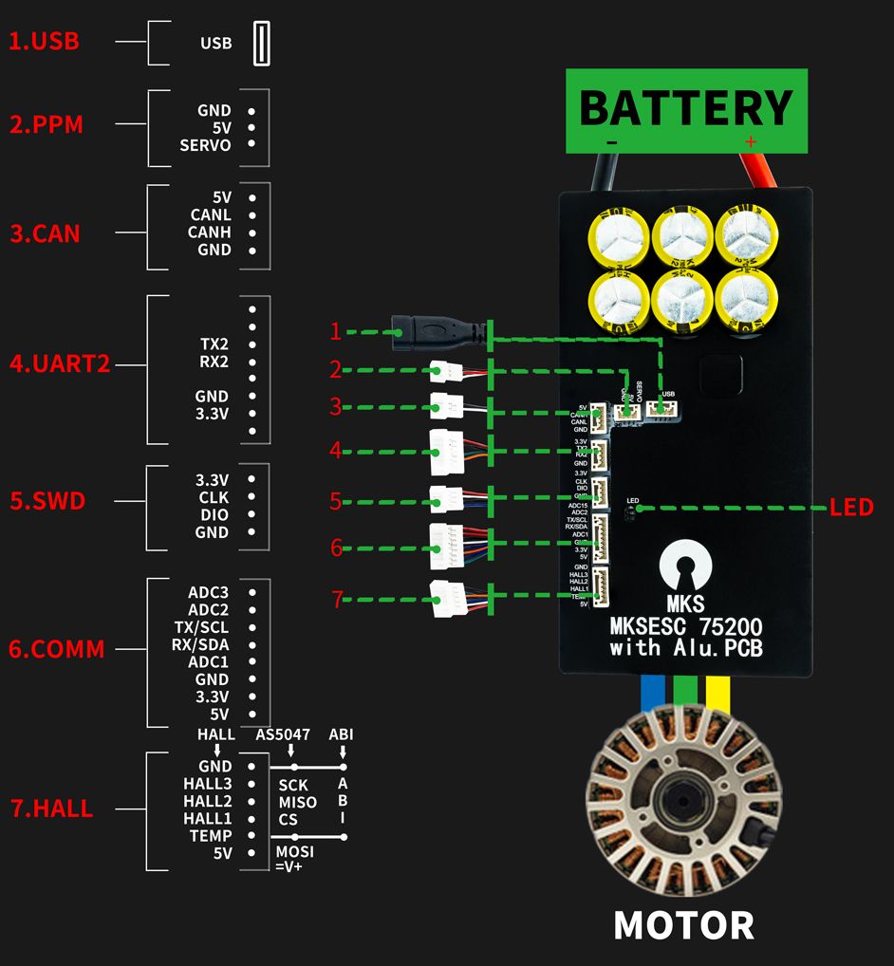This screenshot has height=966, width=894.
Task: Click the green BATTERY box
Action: pos(686,110)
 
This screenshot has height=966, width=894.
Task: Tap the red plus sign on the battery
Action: pos(751,142)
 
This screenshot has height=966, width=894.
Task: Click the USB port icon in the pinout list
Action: pos(262,44)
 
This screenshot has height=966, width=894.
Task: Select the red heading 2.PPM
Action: pos(47,124)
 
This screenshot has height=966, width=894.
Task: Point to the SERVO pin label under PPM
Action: pos(205,145)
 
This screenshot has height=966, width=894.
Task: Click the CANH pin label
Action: pos(210,232)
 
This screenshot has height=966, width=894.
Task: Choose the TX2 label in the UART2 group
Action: pos(214,344)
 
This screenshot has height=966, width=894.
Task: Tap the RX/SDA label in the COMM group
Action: pos(198,644)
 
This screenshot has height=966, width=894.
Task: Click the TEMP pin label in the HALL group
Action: pos(212,835)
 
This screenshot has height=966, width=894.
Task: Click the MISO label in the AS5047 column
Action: pos(297,803)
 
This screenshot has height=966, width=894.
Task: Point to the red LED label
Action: pos(850,508)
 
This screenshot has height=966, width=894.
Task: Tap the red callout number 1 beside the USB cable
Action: pos(335,331)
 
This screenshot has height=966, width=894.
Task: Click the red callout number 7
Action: pos(335,599)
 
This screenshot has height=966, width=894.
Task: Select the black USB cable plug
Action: pos(426,331)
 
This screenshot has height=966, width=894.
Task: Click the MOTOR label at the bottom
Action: pos(683,924)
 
